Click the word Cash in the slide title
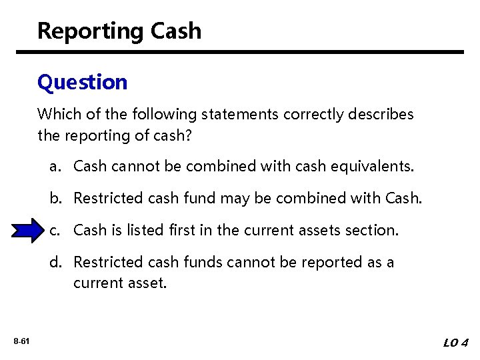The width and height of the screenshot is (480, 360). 176,31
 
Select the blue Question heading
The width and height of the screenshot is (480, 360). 82,83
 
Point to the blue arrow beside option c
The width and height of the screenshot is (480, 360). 27,230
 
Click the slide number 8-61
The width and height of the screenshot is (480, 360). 21,342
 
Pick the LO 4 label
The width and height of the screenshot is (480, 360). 456,343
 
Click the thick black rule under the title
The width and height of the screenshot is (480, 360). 240,52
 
